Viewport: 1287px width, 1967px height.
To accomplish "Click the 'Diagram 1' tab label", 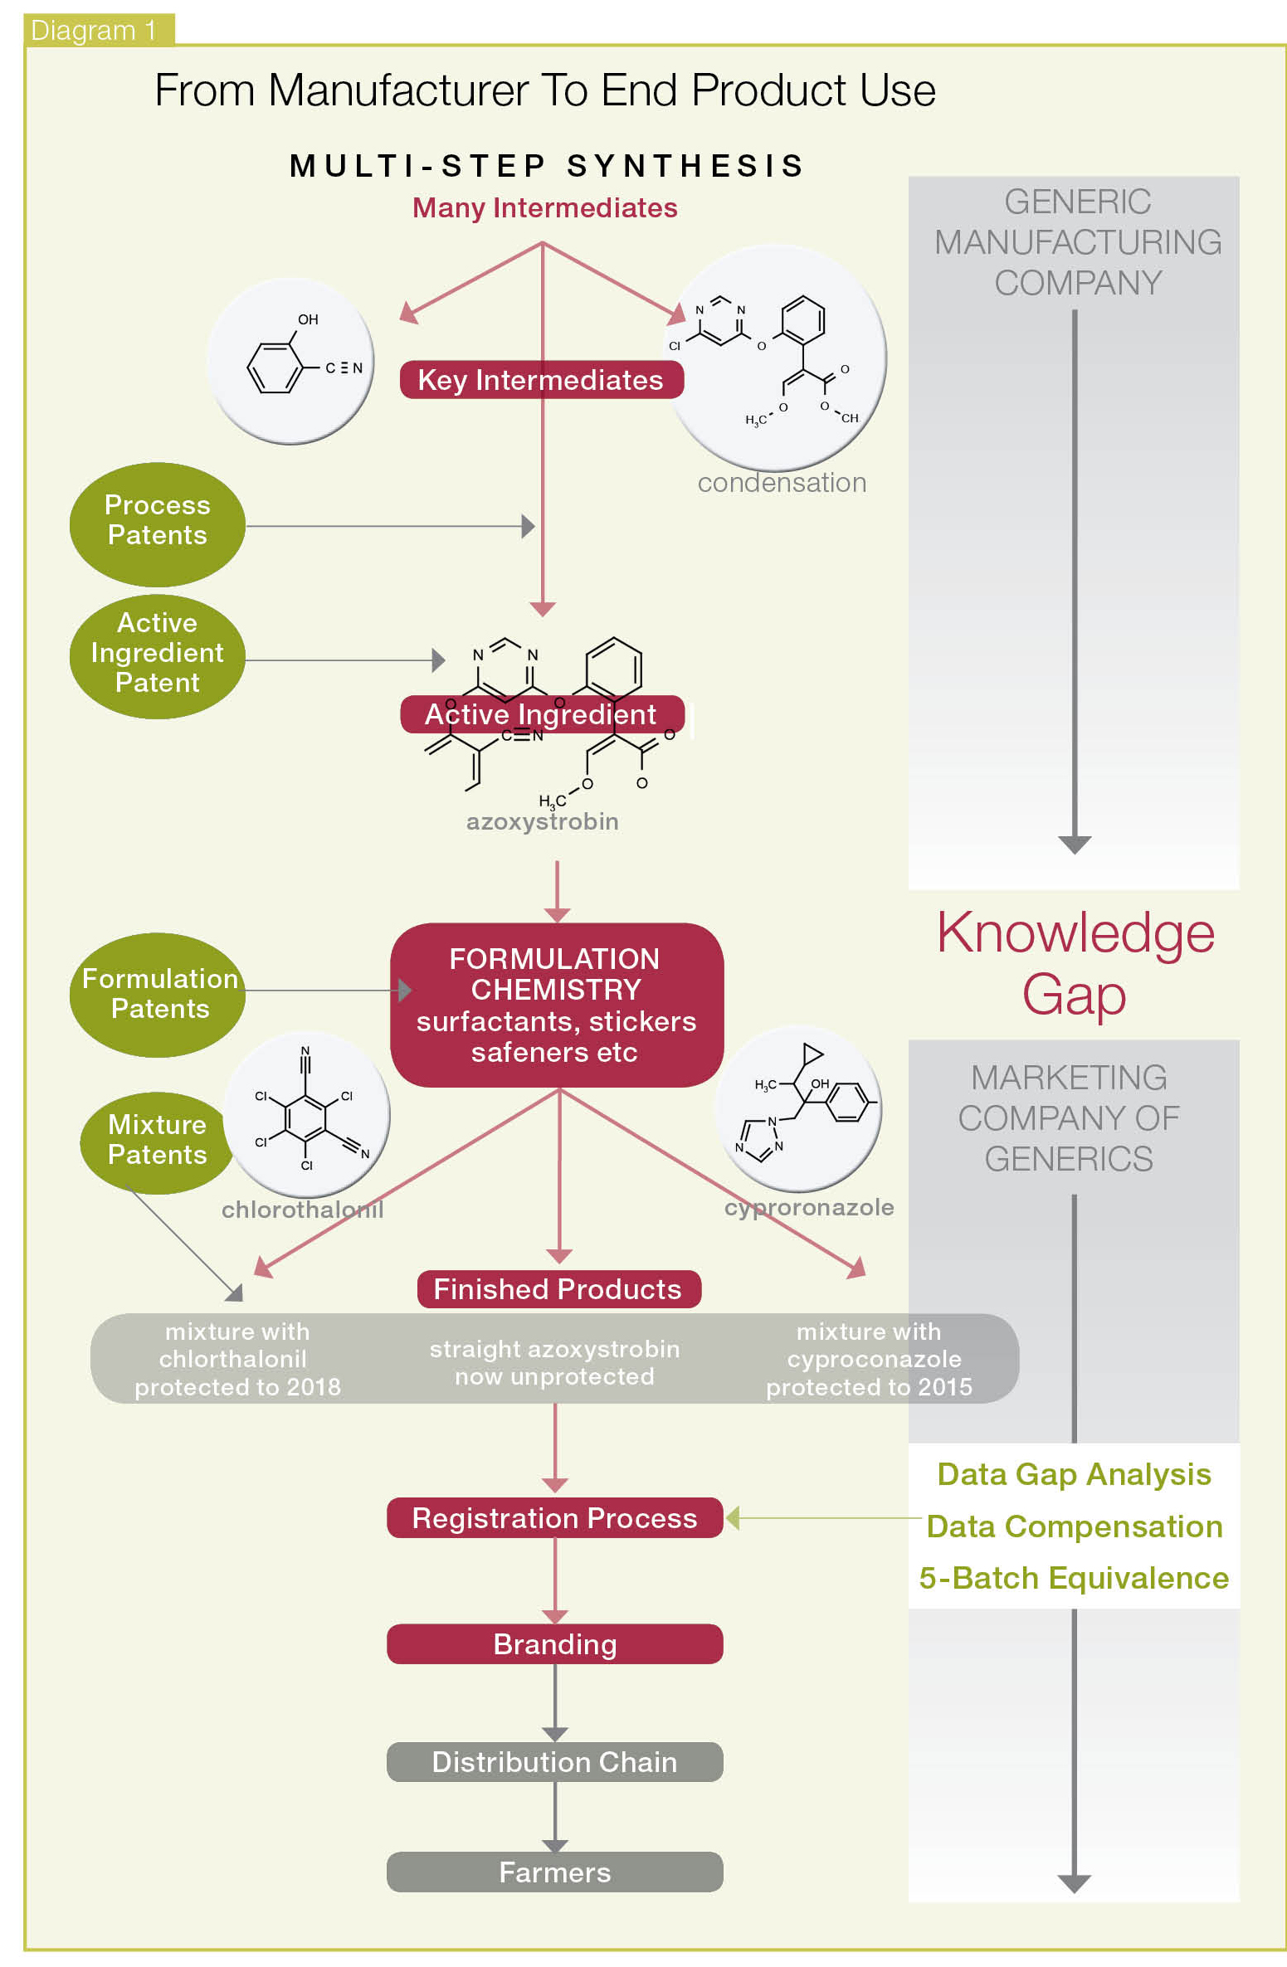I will [93, 30].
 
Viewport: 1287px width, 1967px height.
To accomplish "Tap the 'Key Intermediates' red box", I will [541, 380].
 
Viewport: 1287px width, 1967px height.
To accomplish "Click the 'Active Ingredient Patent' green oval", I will [157, 654].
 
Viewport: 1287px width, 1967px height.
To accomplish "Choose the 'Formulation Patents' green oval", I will [157, 994].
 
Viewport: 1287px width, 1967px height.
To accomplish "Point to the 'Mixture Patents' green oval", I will [156, 1141].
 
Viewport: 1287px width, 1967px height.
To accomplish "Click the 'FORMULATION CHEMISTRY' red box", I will [556, 1005].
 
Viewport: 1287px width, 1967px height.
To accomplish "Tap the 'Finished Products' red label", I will [558, 1289].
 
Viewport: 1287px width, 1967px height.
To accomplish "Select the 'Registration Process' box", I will [554, 1517].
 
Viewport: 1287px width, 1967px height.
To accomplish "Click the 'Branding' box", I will [554, 1643].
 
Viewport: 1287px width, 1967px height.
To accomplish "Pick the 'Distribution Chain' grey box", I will [554, 1761].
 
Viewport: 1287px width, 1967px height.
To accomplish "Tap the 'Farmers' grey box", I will [554, 1872].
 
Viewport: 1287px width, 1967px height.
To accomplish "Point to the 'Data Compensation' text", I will [1074, 1526].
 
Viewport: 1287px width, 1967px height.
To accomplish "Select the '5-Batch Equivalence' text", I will [1074, 1578].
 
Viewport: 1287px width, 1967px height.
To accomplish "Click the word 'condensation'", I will [782, 483].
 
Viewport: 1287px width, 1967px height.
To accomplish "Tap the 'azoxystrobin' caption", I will [542, 821].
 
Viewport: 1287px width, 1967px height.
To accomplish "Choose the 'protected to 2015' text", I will [869, 1386].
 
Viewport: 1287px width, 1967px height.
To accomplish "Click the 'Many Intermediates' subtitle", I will [544, 207].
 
